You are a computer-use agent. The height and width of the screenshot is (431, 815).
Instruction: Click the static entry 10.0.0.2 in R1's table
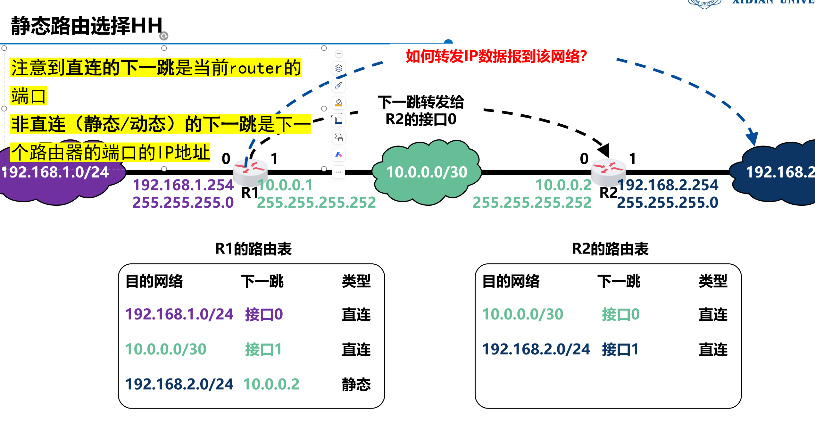coord(271,384)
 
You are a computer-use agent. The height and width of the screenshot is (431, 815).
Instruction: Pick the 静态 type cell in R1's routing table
coord(356,384)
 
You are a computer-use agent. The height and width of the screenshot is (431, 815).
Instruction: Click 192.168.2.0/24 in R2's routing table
coord(536,349)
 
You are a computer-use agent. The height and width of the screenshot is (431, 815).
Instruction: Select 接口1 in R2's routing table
coord(620,349)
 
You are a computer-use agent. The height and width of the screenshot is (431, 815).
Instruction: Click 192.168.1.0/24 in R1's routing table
coord(179,314)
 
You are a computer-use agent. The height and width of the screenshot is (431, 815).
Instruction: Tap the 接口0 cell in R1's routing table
coord(264,314)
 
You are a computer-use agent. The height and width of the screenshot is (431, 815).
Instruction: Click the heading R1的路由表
coord(253,249)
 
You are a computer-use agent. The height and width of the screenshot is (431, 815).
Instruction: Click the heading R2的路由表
coord(610,249)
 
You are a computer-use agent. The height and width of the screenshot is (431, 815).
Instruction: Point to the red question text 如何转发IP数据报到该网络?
coord(496,56)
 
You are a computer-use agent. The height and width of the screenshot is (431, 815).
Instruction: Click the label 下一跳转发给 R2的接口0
coord(421,111)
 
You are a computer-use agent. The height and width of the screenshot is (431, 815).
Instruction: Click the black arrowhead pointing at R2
coord(604,150)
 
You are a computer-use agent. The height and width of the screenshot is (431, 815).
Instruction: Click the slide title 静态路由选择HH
coord(87,26)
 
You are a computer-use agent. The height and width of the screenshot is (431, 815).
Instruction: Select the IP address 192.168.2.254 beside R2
coord(668,185)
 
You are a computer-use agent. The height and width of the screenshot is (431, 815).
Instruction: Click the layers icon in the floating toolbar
coord(339,68)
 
